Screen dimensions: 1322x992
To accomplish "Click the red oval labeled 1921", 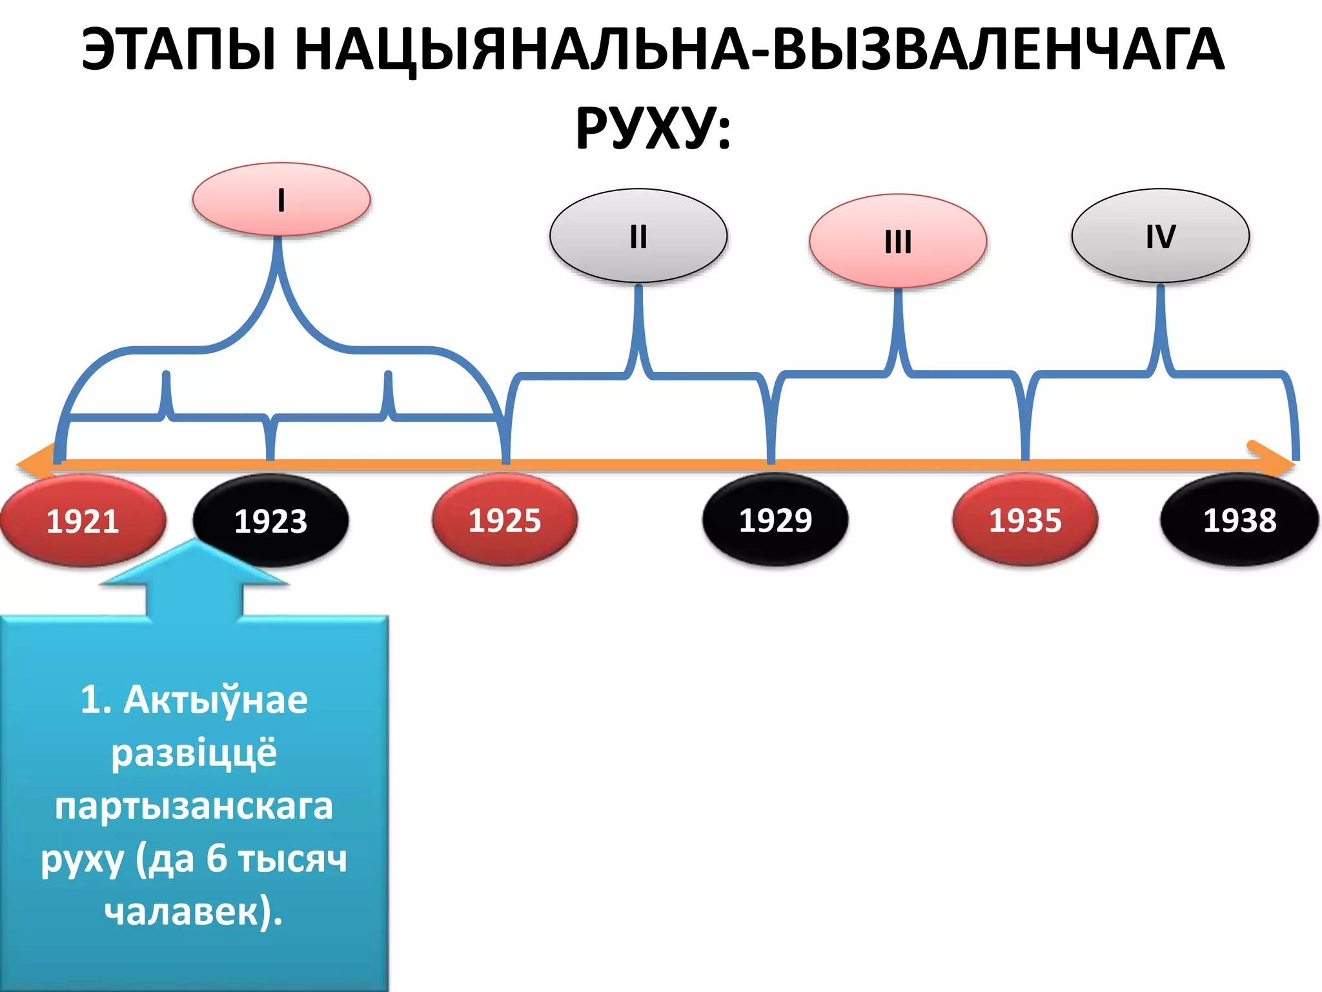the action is (83, 521).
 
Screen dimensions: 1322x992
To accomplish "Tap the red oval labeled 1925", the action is (505, 520).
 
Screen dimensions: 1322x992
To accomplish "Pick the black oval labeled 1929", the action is (775, 520).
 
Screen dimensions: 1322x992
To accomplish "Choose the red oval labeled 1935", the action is (1025, 520).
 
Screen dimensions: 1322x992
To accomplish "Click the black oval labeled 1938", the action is (1239, 520).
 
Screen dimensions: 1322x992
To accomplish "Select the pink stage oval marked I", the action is (281, 200).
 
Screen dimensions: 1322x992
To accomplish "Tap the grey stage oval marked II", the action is (638, 236).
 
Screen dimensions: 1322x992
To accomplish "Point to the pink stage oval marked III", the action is (898, 241).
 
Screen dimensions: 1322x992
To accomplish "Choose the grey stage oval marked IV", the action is (1161, 236).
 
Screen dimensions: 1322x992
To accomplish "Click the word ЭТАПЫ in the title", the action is (179, 50).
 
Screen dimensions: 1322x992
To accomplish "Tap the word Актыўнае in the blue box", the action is (216, 700).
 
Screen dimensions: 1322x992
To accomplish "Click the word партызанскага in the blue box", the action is (194, 806).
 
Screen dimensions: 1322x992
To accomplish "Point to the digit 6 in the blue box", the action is (217, 859).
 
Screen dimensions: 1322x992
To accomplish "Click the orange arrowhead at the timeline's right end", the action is (1275, 460).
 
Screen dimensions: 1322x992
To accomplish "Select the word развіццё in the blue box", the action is (194, 753).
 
